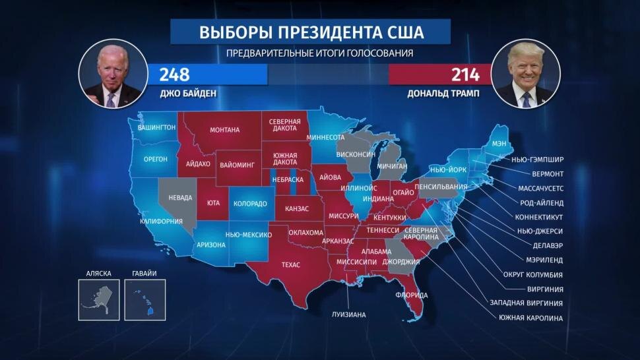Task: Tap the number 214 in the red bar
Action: click(x=465, y=74)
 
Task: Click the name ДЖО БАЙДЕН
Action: click(x=188, y=94)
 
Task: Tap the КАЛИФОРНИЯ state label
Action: click(x=161, y=222)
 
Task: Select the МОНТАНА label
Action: click(x=224, y=130)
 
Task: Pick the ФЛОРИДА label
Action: click(x=412, y=295)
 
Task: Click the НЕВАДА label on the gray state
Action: click(x=180, y=198)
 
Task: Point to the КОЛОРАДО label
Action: click(x=250, y=204)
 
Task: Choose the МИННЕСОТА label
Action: click(x=327, y=138)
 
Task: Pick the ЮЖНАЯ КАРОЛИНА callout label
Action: click(x=532, y=318)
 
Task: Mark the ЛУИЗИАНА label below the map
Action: click(x=348, y=315)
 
